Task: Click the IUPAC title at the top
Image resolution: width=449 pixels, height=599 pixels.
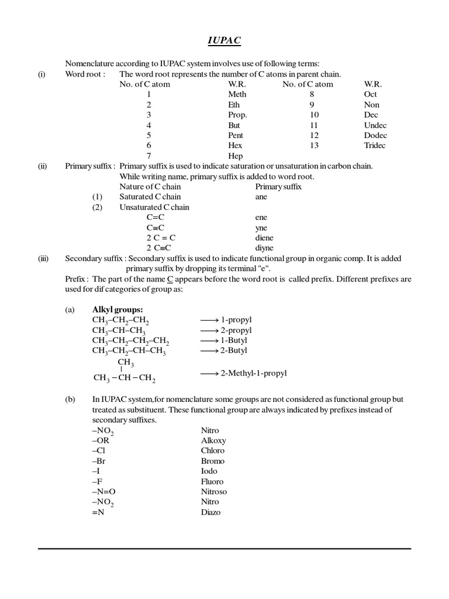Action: [224, 40]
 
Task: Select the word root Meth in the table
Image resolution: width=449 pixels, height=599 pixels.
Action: [237, 94]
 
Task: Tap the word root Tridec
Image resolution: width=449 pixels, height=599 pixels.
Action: [375, 146]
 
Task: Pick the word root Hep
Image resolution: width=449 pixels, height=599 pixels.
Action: [235, 156]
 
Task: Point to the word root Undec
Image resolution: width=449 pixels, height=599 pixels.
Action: [375, 125]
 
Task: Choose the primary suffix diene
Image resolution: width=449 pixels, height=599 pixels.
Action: [264, 238]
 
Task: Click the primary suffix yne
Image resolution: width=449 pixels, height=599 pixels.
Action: [261, 228]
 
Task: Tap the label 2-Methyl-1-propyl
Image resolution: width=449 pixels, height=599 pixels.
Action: [253, 373]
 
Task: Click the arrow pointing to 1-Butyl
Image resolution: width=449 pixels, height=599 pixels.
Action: [209, 340]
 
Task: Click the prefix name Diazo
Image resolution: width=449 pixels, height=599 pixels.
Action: [211, 512]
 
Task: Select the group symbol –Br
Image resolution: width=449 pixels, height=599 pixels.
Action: [100, 461]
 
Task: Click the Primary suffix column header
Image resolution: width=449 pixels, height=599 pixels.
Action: [278, 187]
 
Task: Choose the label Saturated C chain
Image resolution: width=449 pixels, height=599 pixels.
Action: [150, 197]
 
